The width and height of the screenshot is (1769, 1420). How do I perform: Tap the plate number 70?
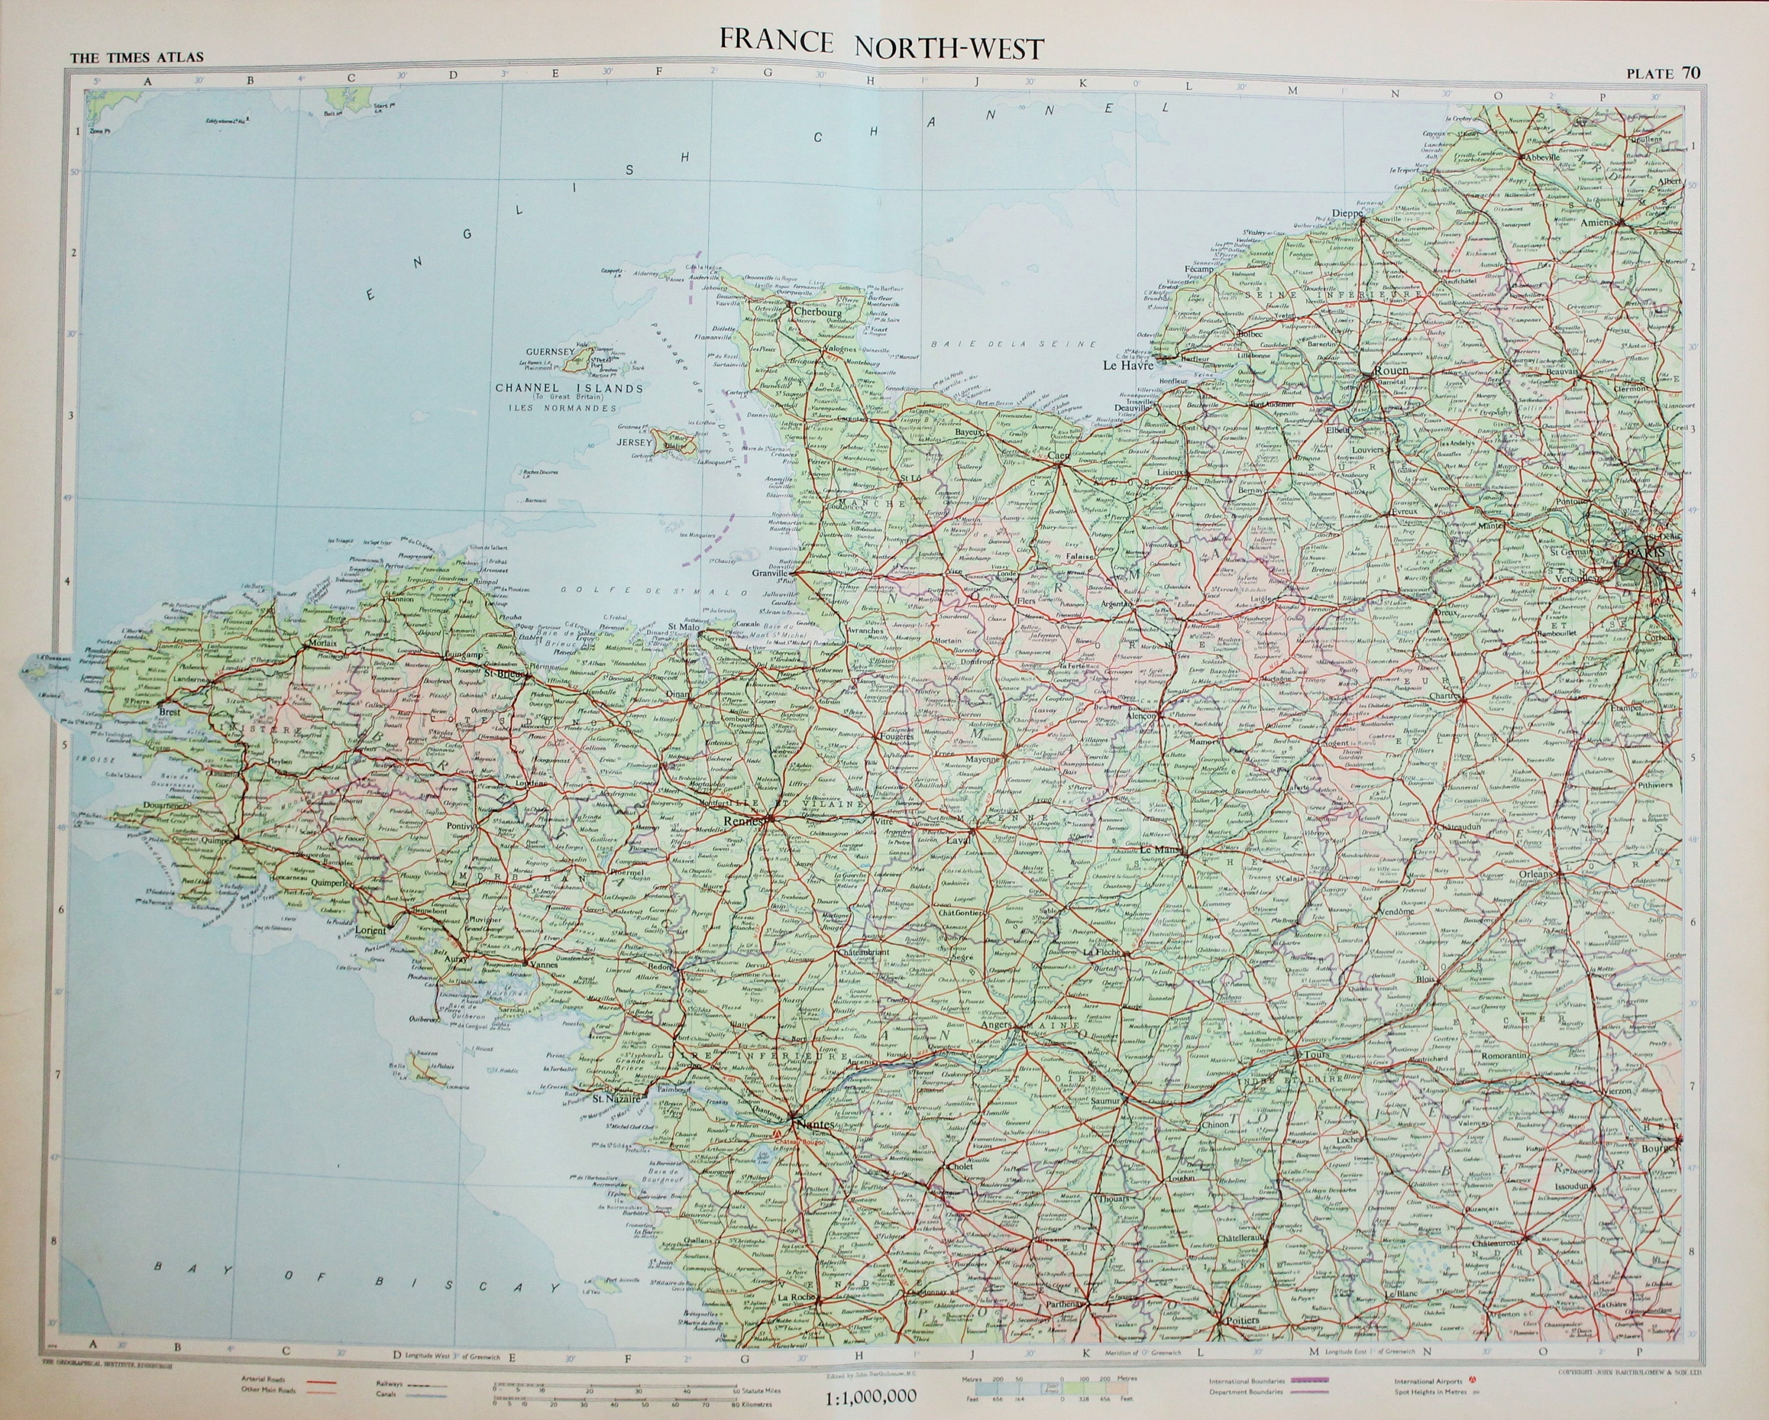tap(1690, 73)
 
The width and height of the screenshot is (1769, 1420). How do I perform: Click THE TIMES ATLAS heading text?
tap(136, 57)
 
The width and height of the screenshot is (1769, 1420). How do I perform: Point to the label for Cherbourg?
tap(818, 312)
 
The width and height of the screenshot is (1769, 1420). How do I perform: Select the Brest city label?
tap(170, 712)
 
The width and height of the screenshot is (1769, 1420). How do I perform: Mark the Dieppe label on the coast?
tap(1346, 213)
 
